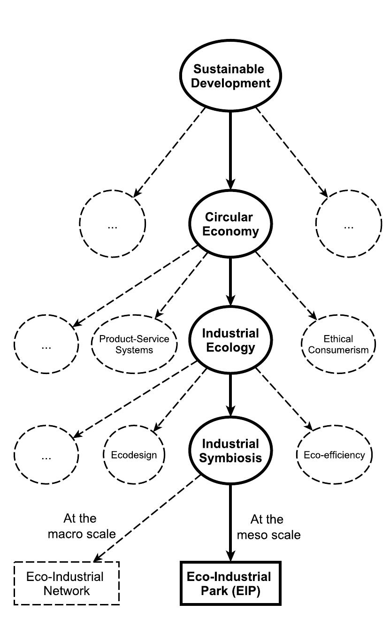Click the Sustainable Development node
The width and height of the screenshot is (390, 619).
pyautogui.click(x=229, y=76)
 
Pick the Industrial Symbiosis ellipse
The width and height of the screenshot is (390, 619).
pyautogui.click(x=229, y=451)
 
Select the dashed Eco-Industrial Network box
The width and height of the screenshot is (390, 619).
pyautogui.click(x=66, y=583)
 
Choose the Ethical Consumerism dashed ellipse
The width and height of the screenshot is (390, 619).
pyautogui.click(x=338, y=344)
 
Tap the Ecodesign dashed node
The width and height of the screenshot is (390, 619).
pyautogui.click(x=134, y=455)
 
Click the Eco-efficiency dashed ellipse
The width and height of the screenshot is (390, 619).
pyautogui.click(x=334, y=455)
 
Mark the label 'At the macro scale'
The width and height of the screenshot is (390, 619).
pyautogui.click(x=90, y=527)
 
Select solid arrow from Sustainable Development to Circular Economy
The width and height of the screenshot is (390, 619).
pyautogui.click(x=229, y=150)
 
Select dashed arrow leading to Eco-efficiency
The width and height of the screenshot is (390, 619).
pyautogui.click(x=284, y=399)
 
